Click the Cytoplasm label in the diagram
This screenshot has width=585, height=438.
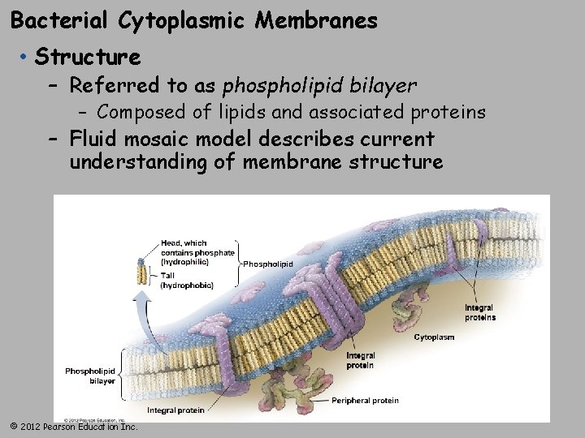tap(434, 337)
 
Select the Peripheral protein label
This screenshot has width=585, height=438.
tap(365, 401)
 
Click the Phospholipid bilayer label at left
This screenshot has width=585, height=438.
tap(91, 376)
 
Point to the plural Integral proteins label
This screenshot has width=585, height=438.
tap(479, 312)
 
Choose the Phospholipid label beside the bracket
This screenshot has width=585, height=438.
tap(269, 264)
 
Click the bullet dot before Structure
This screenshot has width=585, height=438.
tap(26, 58)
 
